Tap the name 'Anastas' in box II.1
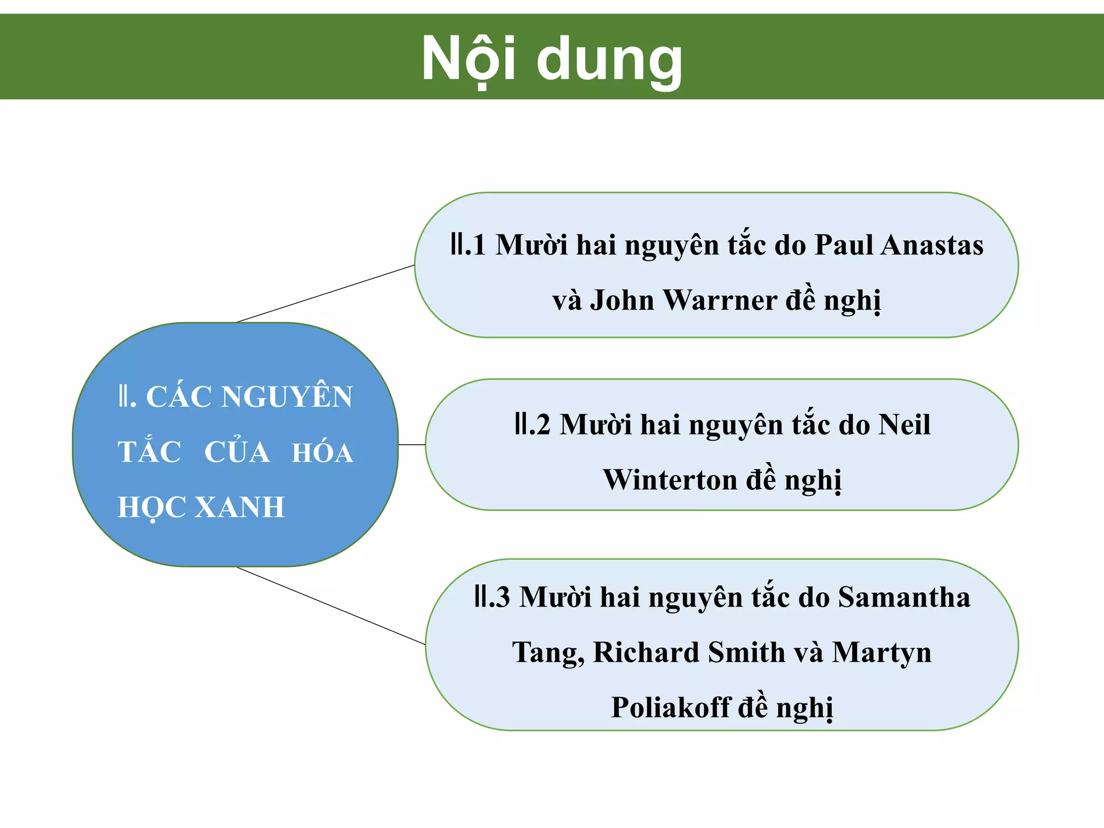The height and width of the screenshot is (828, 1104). coord(932,245)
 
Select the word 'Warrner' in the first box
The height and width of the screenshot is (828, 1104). coord(720,300)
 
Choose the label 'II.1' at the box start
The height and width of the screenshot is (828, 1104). coord(468,245)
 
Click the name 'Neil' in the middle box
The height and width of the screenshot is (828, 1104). coord(904,425)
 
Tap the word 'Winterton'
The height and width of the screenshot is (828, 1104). coord(669,480)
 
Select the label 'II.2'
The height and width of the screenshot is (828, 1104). coord(532,425)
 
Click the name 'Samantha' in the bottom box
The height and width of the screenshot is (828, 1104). coord(904,597)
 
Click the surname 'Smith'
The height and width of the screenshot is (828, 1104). coord(747,653)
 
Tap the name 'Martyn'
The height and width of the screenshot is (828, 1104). coord(881,653)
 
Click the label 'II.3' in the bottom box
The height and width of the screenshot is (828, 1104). coord(492,597)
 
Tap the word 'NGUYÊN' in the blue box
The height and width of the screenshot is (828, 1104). coord(287,397)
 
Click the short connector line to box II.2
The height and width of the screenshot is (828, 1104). coord(412,445)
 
